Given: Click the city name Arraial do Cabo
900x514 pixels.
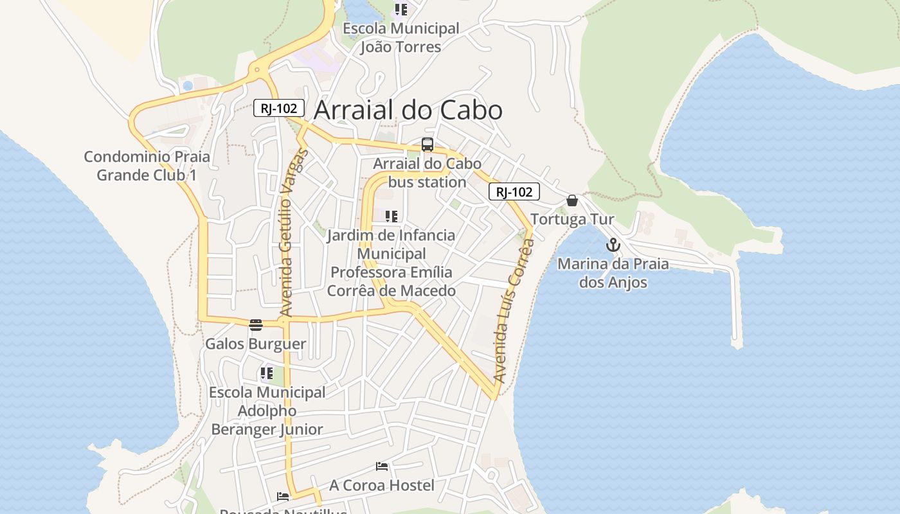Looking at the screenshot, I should click(408, 111).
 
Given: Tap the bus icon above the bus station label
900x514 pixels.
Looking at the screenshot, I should click(428, 145).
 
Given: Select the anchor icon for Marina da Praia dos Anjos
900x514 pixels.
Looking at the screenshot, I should click(613, 245).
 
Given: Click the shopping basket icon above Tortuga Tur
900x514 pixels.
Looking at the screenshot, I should click(572, 200).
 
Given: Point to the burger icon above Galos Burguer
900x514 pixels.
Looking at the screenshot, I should click(256, 324).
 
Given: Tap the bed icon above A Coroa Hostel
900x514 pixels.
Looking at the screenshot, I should click(382, 466).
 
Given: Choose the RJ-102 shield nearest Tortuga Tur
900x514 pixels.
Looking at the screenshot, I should click(514, 191).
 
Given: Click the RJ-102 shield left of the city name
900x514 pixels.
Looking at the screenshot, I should click(278, 108).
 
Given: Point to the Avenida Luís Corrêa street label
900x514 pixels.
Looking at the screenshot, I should click(512, 310).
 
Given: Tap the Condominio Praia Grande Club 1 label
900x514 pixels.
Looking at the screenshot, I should click(147, 166).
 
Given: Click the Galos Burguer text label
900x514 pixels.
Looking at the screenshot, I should click(256, 344).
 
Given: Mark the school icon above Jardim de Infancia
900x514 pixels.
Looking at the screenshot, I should click(392, 217).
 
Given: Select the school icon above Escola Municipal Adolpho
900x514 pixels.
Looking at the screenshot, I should click(267, 373).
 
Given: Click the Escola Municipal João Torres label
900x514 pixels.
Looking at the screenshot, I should click(401, 38).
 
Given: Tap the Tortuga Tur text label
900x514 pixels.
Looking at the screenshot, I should click(572, 220).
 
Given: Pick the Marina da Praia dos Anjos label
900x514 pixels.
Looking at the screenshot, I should click(613, 273).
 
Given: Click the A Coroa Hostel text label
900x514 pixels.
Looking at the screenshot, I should click(382, 486).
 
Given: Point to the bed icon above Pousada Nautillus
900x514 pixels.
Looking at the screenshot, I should click(283, 496).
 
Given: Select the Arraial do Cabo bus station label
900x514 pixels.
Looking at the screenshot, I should click(428, 173).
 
